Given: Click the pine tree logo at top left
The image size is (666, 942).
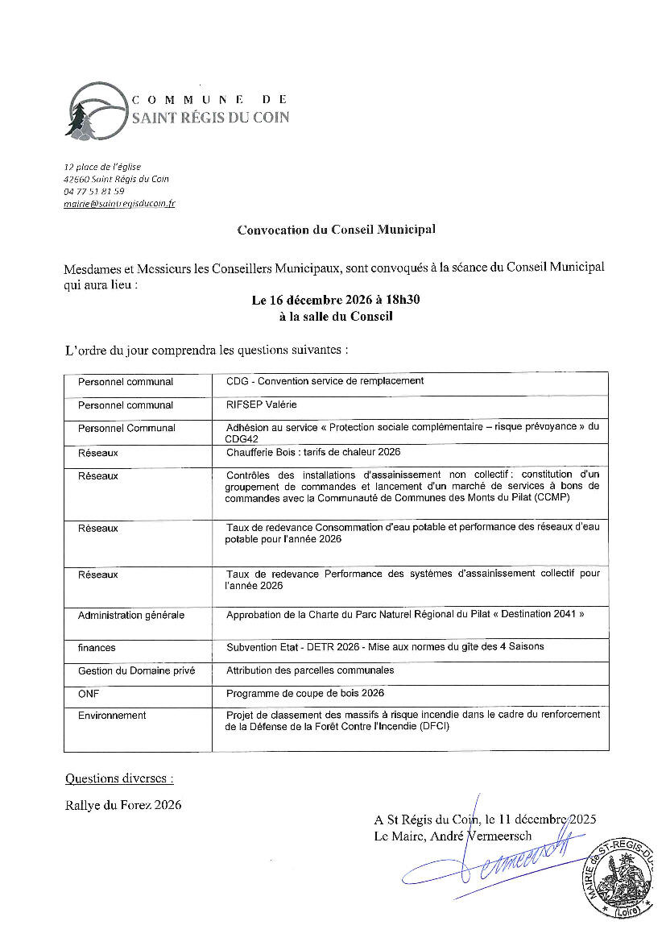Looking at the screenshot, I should [x=79, y=120].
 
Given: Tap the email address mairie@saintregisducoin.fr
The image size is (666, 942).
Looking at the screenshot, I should [x=119, y=204].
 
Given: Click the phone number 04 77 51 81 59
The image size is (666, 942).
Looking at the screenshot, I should [x=93, y=192].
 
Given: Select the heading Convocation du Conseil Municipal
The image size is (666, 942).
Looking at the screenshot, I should [x=336, y=230].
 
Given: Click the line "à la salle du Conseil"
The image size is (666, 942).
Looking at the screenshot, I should [x=336, y=317].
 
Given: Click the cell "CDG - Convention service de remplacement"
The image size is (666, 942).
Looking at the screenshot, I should [x=325, y=381].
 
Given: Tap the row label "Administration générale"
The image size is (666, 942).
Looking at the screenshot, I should [x=131, y=615].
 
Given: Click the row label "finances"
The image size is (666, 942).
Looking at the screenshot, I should [x=97, y=647].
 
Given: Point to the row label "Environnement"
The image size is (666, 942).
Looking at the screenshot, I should [x=112, y=715].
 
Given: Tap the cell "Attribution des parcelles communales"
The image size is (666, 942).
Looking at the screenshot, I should [x=310, y=670].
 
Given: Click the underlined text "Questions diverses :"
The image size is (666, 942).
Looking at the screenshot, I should [x=119, y=778].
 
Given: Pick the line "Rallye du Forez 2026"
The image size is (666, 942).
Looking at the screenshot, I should [x=123, y=804].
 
